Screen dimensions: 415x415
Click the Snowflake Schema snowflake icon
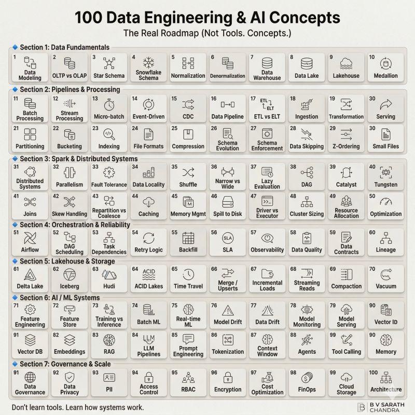click(148, 63)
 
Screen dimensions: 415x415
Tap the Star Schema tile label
click(109, 76)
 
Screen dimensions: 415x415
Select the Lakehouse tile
click(346, 67)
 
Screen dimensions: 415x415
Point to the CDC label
click(188, 116)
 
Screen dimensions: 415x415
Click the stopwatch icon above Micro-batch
click(109, 105)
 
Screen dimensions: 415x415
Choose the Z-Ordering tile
click(346, 138)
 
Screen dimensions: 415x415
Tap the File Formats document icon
click(148, 134)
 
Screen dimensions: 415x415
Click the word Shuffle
click(188, 185)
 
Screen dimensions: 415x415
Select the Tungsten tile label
click(385, 185)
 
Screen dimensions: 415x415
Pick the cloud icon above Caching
click(148, 202)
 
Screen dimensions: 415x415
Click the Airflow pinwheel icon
click(30, 238)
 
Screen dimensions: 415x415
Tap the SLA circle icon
click(228, 238)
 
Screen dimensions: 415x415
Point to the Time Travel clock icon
click(188, 274)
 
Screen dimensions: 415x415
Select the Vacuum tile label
click(386, 286)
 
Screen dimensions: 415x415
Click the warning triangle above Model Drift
click(228, 310)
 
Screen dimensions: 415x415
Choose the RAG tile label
click(109, 352)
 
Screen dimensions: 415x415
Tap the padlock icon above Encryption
click(228, 378)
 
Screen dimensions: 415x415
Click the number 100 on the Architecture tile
click(374, 372)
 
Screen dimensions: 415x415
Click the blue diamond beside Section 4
click(15, 225)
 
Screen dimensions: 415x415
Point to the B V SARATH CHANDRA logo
click(381, 407)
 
